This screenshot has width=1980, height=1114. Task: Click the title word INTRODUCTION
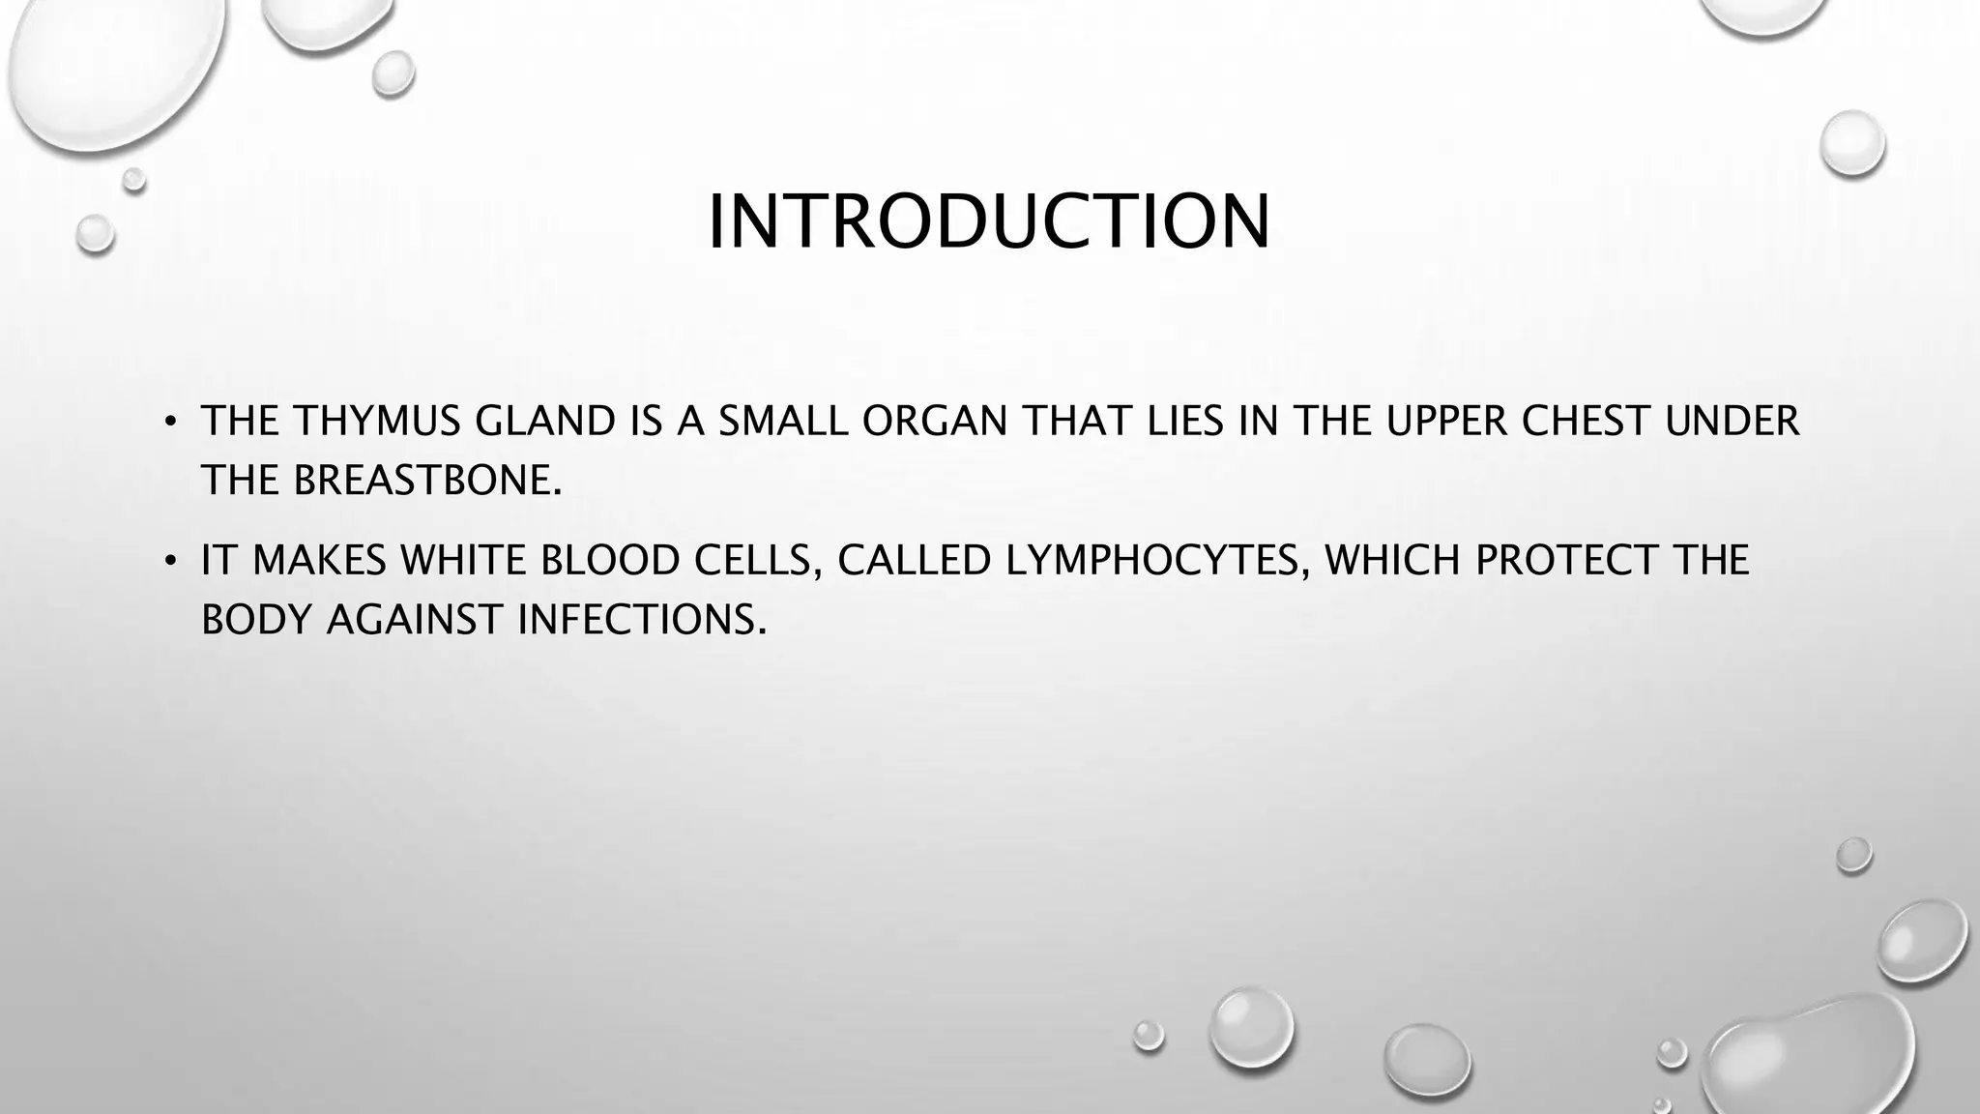coord(989,222)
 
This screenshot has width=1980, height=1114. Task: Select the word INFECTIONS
coord(642,620)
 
